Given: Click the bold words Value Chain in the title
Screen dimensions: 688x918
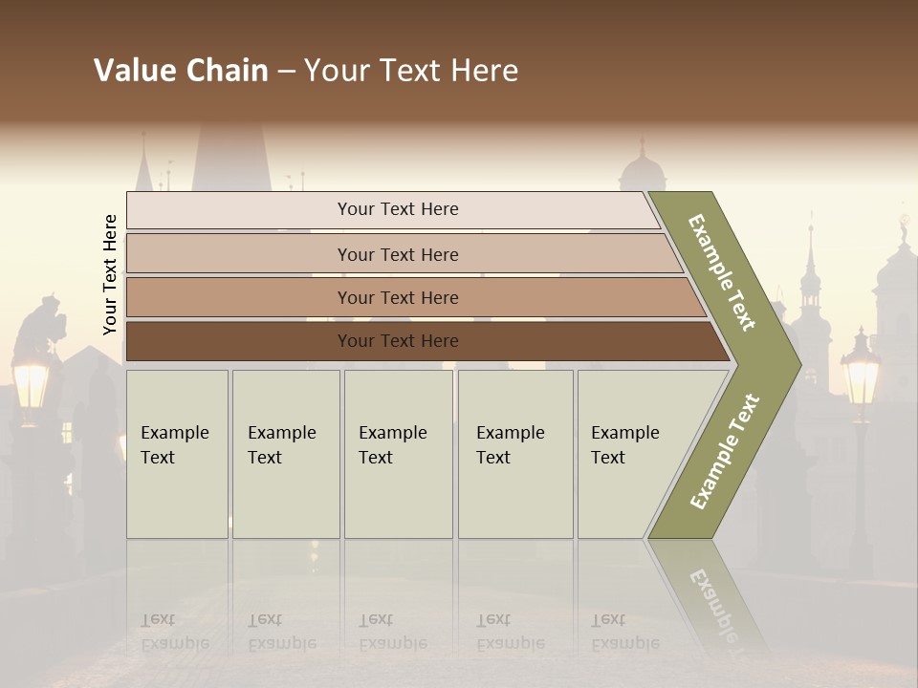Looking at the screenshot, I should tap(181, 71).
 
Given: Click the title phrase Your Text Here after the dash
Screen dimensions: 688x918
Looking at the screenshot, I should tap(411, 71).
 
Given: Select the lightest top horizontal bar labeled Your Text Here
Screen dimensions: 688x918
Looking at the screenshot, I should tap(397, 209).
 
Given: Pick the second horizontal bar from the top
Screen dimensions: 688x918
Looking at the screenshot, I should tap(397, 254).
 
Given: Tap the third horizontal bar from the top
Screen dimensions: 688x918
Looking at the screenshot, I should tap(397, 297).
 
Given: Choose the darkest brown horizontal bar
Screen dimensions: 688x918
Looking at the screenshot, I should tap(397, 341).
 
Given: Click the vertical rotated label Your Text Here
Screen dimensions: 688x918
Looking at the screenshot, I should tap(110, 274).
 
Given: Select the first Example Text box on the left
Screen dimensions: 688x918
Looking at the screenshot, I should tap(177, 454).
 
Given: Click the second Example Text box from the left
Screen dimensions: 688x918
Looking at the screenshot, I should tap(285, 454).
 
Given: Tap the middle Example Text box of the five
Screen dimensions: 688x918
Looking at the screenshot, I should tap(398, 454).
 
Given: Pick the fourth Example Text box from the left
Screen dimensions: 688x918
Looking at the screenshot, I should tap(514, 454).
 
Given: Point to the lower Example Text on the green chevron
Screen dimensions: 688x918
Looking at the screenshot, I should tap(725, 451).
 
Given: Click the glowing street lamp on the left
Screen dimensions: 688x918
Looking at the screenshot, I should tap(31, 382).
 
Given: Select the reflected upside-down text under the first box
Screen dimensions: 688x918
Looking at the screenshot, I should tap(175, 633).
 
